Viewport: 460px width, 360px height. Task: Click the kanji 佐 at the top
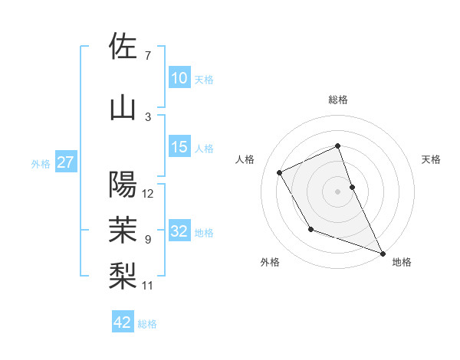[123, 46]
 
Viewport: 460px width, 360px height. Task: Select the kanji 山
[123, 107]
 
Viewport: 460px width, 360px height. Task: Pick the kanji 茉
[123, 228]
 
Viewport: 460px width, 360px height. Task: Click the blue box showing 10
[179, 78]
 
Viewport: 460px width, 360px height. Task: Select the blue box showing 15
[179, 147]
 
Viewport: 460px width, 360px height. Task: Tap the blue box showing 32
[179, 231]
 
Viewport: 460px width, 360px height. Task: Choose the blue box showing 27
[65, 162]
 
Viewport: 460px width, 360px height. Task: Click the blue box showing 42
[123, 322]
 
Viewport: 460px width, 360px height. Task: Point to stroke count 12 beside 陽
[148, 194]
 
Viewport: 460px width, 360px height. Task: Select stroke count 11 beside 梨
[148, 286]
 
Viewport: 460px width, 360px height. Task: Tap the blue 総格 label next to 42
[147, 324]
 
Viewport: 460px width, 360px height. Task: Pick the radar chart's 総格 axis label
[338, 100]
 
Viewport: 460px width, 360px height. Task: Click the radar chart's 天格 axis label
[431, 159]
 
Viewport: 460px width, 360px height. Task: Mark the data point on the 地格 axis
[383, 254]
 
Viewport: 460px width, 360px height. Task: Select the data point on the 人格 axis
[280, 172]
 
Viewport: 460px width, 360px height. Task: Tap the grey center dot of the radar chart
[338, 191]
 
